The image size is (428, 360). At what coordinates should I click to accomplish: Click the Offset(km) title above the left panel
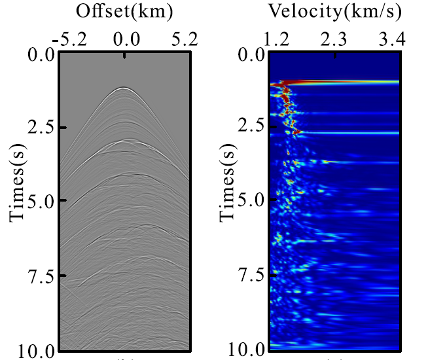tap(124, 12)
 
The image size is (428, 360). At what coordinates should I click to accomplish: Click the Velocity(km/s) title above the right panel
tap(335, 12)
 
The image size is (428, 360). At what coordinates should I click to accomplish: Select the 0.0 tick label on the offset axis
tap(125, 40)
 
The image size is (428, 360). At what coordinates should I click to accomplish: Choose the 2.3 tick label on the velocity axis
tap(335, 40)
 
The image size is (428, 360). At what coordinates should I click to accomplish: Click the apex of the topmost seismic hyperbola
tap(123, 88)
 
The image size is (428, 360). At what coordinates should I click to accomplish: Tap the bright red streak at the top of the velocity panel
tap(340, 82)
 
